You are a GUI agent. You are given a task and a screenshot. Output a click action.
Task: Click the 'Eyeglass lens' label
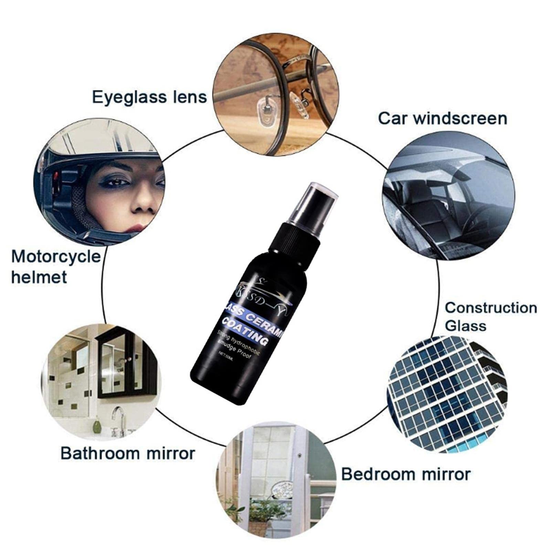point(149,97)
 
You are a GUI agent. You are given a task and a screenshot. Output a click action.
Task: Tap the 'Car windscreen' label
point(443,118)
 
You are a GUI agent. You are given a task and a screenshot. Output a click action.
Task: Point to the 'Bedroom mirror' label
point(406,474)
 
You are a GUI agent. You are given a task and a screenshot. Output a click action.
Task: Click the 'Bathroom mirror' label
point(128,453)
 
